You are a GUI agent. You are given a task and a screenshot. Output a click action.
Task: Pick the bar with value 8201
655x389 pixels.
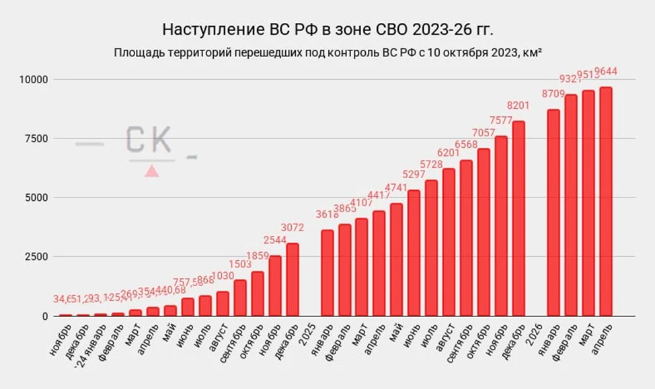click(518, 218)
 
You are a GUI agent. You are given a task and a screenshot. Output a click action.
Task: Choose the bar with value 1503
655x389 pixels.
click(240, 298)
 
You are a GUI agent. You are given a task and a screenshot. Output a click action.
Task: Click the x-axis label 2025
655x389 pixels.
click(307, 334)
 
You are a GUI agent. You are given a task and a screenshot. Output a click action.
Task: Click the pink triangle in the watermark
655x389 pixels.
click(152, 171)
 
